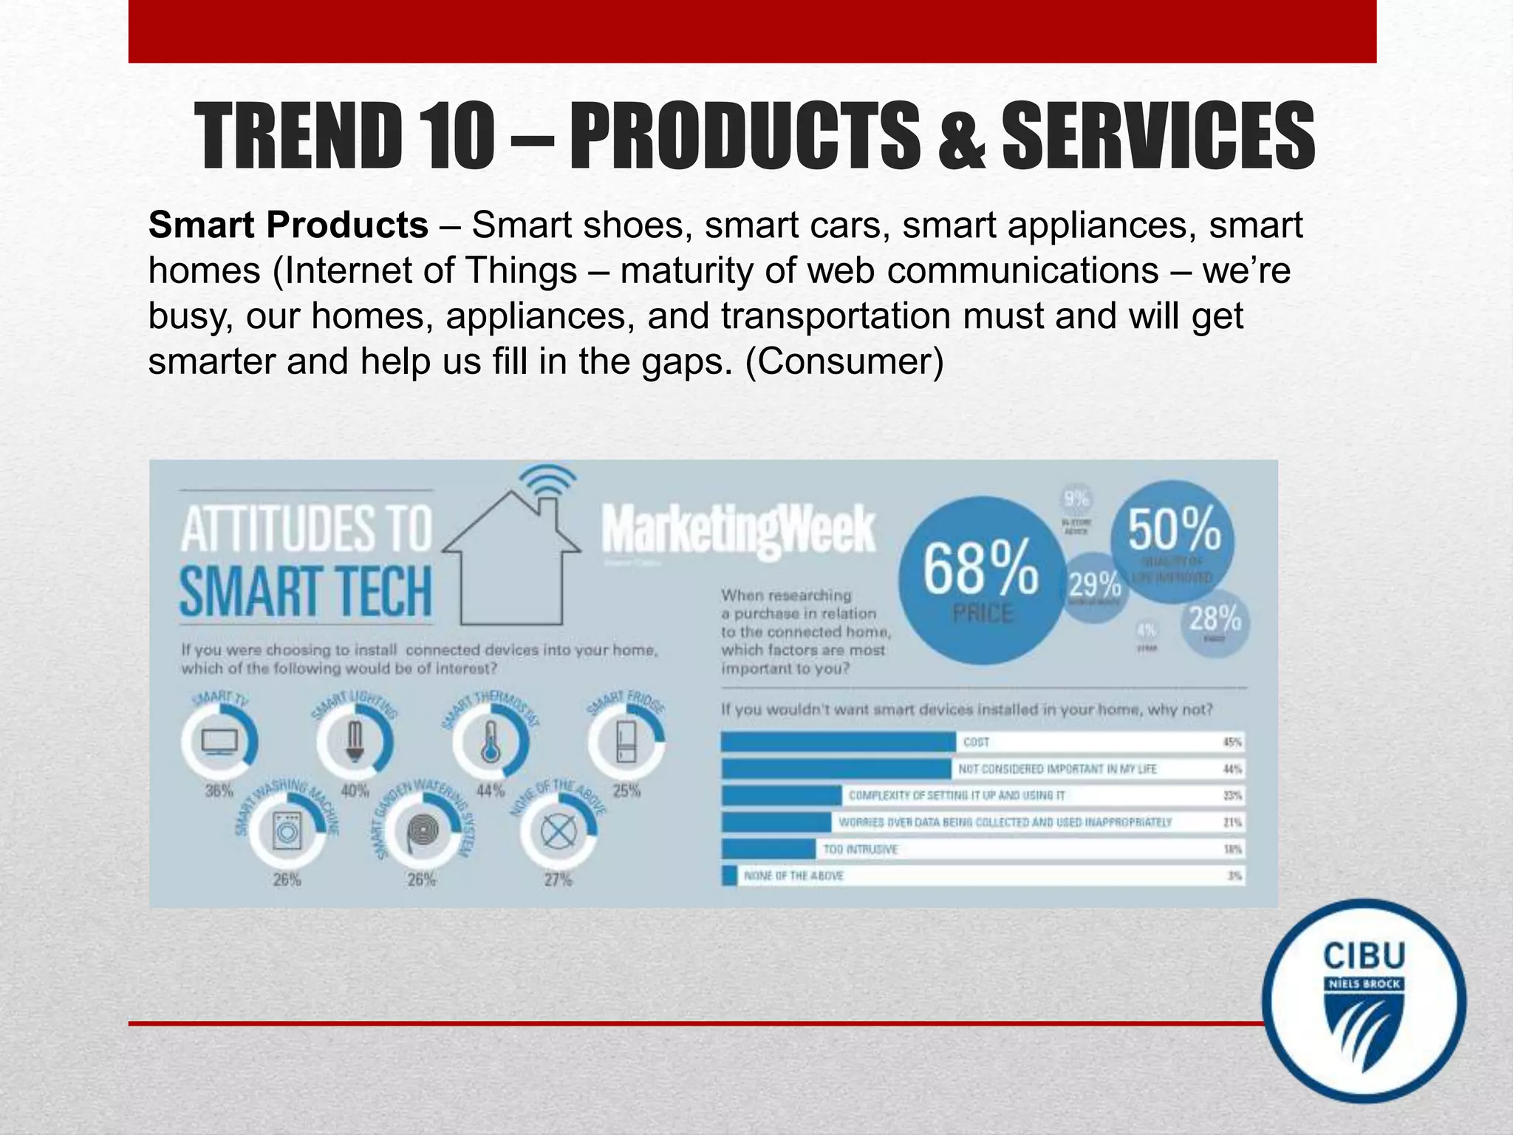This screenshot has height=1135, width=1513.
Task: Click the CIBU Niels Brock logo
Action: [1364, 1001]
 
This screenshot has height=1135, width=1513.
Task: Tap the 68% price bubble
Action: [982, 579]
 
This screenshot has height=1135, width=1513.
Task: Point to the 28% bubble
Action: [1214, 623]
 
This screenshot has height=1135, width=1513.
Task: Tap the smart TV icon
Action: [219, 741]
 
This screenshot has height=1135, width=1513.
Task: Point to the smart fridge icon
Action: [626, 741]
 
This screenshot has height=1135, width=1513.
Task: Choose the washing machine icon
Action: [287, 833]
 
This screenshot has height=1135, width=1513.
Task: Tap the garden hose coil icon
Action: [422, 833]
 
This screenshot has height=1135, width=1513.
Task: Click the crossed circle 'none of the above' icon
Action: [559, 833]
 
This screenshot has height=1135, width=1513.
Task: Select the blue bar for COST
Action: [839, 742]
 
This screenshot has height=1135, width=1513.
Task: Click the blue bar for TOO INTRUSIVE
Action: [768, 849]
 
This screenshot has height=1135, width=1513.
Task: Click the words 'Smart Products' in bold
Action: [288, 225]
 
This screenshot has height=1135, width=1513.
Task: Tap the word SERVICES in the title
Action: [1158, 137]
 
